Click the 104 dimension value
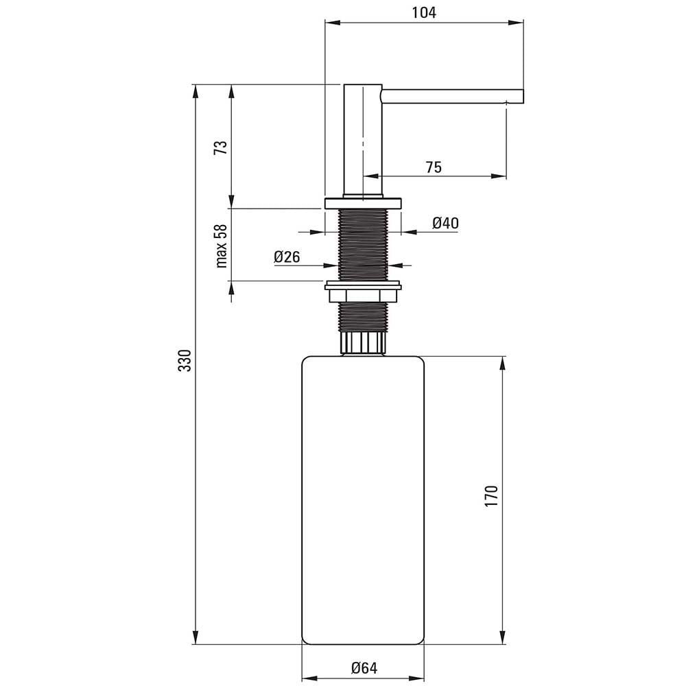(424, 12)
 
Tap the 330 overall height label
(185, 360)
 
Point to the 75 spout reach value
(433, 167)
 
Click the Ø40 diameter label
(445, 223)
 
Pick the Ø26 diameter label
(287, 257)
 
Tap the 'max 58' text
(222, 246)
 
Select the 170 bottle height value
(491, 496)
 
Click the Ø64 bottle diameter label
(364, 668)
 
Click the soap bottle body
(363, 499)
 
